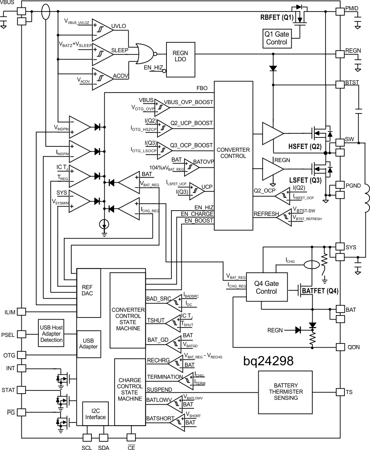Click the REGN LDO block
pyautogui.click(x=180, y=59)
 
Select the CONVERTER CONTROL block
pyautogui.click(x=234, y=156)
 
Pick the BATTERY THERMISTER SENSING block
pyautogui.click(x=283, y=392)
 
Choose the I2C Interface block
pyautogui.click(x=95, y=414)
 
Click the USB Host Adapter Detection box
pyautogui.click(x=52, y=334)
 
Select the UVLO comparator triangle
pyautogui.click(x=101, y=27)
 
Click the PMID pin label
pyautogui.click(x=353, y=8)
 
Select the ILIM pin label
pyautogui.click(x=10, y=312)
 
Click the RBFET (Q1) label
pyautogui.click(x=277, y=19)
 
